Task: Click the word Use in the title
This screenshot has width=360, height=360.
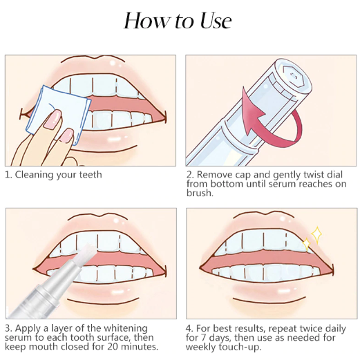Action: [216, 21]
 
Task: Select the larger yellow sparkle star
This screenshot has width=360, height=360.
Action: [316, 235]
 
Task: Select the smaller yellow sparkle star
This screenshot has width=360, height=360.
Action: [307, 244]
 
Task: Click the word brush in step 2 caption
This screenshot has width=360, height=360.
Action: [200, 193]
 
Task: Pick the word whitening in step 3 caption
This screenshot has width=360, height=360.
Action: [126, 328]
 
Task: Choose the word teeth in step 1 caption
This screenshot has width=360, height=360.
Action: [91, 175]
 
